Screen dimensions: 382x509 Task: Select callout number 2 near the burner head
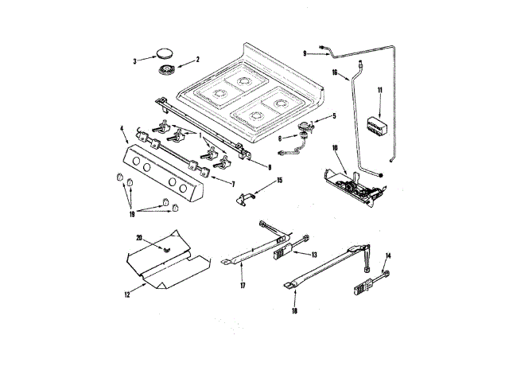(x=198, y=59)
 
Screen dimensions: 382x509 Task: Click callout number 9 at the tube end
(x=305, y=53)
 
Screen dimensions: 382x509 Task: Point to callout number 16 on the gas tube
(x=336, y=72)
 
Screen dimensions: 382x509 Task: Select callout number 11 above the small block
(x=380, y=92)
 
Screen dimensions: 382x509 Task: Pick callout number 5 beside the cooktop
(x=333, y=116)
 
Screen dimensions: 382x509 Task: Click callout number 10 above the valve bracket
(x=335, y=147)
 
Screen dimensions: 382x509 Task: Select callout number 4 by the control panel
(x=122, y=127)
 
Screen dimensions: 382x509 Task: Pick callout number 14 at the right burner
(x=388, y=255)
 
